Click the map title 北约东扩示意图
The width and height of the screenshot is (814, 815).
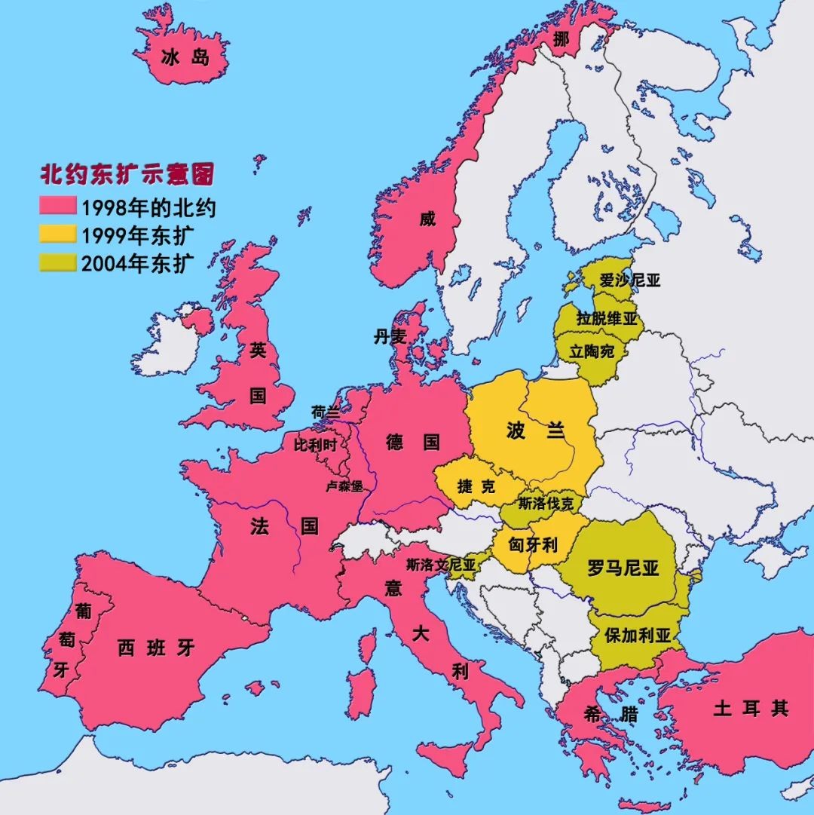pyautogui.click(x=127, y=175)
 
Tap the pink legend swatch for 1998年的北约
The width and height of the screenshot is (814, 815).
pyautogui.click(x=58, y=206)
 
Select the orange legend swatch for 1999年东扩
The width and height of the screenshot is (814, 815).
pyautogui.click(x=58, y=234)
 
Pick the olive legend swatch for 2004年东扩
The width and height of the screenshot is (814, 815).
pyautogui.click(x=58, y=262)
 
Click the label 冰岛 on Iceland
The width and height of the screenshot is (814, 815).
pyautogui.click(x=185, y=57)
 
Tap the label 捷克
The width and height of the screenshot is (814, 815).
pyautogui.click(x=476, y=486)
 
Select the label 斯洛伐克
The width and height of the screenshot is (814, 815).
pyautogui.click(x=546, y=503)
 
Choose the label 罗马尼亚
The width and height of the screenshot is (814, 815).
pyautogui.click(x=623, y=568)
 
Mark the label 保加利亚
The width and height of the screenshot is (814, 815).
pyautogui.click(x=638, y=635)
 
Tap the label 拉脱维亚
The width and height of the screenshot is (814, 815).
pyautogui.click(x=607, y=318)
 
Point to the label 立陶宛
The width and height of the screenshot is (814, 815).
pyautogui.click(x=592, y=351)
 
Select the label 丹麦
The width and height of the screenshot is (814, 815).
pyautogui.click(x=390, y=337)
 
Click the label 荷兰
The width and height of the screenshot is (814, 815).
pyautogui.click(x=326, y=412)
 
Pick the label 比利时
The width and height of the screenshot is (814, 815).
pyautogui.click(x=315, y=445)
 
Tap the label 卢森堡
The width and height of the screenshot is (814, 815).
pyautogui.click(x=344, y=486)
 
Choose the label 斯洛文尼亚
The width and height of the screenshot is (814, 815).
pyautogui.click(x=441, y=564)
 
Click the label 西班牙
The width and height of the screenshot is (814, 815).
pyautogui.click(x=156, y=648)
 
